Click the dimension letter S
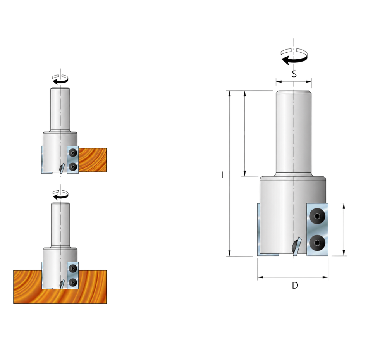[x=294, y=74]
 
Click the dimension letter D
[x=295, y=286]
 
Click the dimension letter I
[x=222, y=175]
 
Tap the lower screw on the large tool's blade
[x=317, y=243]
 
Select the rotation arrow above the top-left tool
[x=60, y=79]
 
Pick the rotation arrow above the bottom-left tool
[x=60, y=195]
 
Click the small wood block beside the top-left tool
[x=93, y=160]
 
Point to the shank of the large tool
[x=294, y=133]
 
